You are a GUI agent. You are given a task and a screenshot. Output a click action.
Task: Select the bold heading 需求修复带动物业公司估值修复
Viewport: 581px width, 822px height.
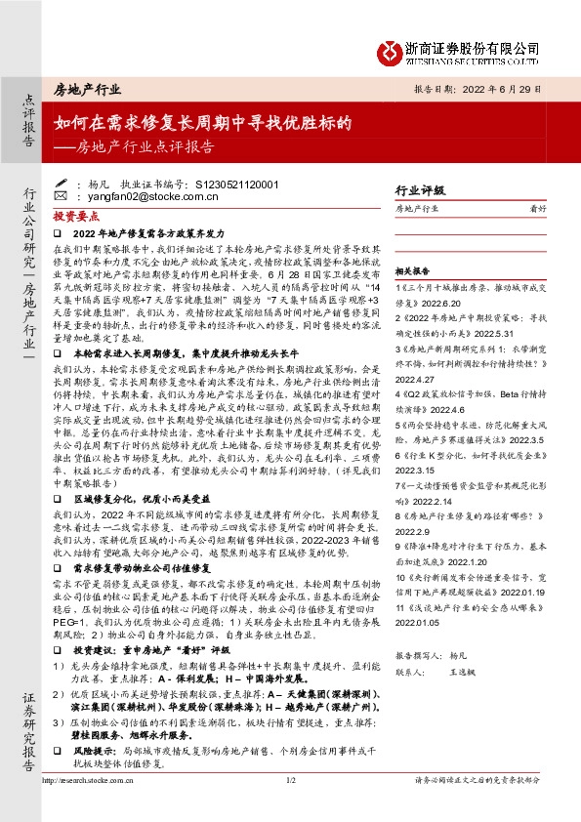(143, 565)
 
